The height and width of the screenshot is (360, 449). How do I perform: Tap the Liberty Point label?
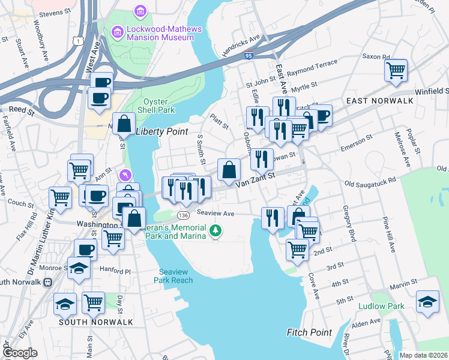coord(161,132)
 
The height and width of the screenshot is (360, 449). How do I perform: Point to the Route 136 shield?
coord(183,215)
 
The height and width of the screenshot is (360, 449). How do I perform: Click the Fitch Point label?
coord(309,332)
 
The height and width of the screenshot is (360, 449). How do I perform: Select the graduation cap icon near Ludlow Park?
coord(427,302)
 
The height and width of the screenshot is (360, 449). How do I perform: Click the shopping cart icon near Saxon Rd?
coord(396,70)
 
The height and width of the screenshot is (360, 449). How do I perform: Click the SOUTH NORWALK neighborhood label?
coord(95,322)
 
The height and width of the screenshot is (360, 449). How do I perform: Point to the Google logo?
coord(20,353)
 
